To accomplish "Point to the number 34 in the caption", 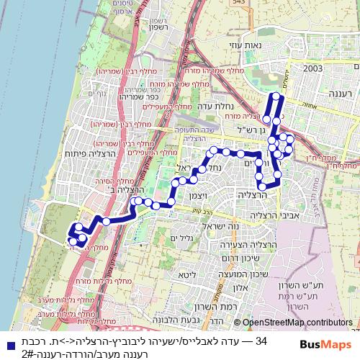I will (262, 338).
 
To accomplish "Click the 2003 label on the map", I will (312, 68).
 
